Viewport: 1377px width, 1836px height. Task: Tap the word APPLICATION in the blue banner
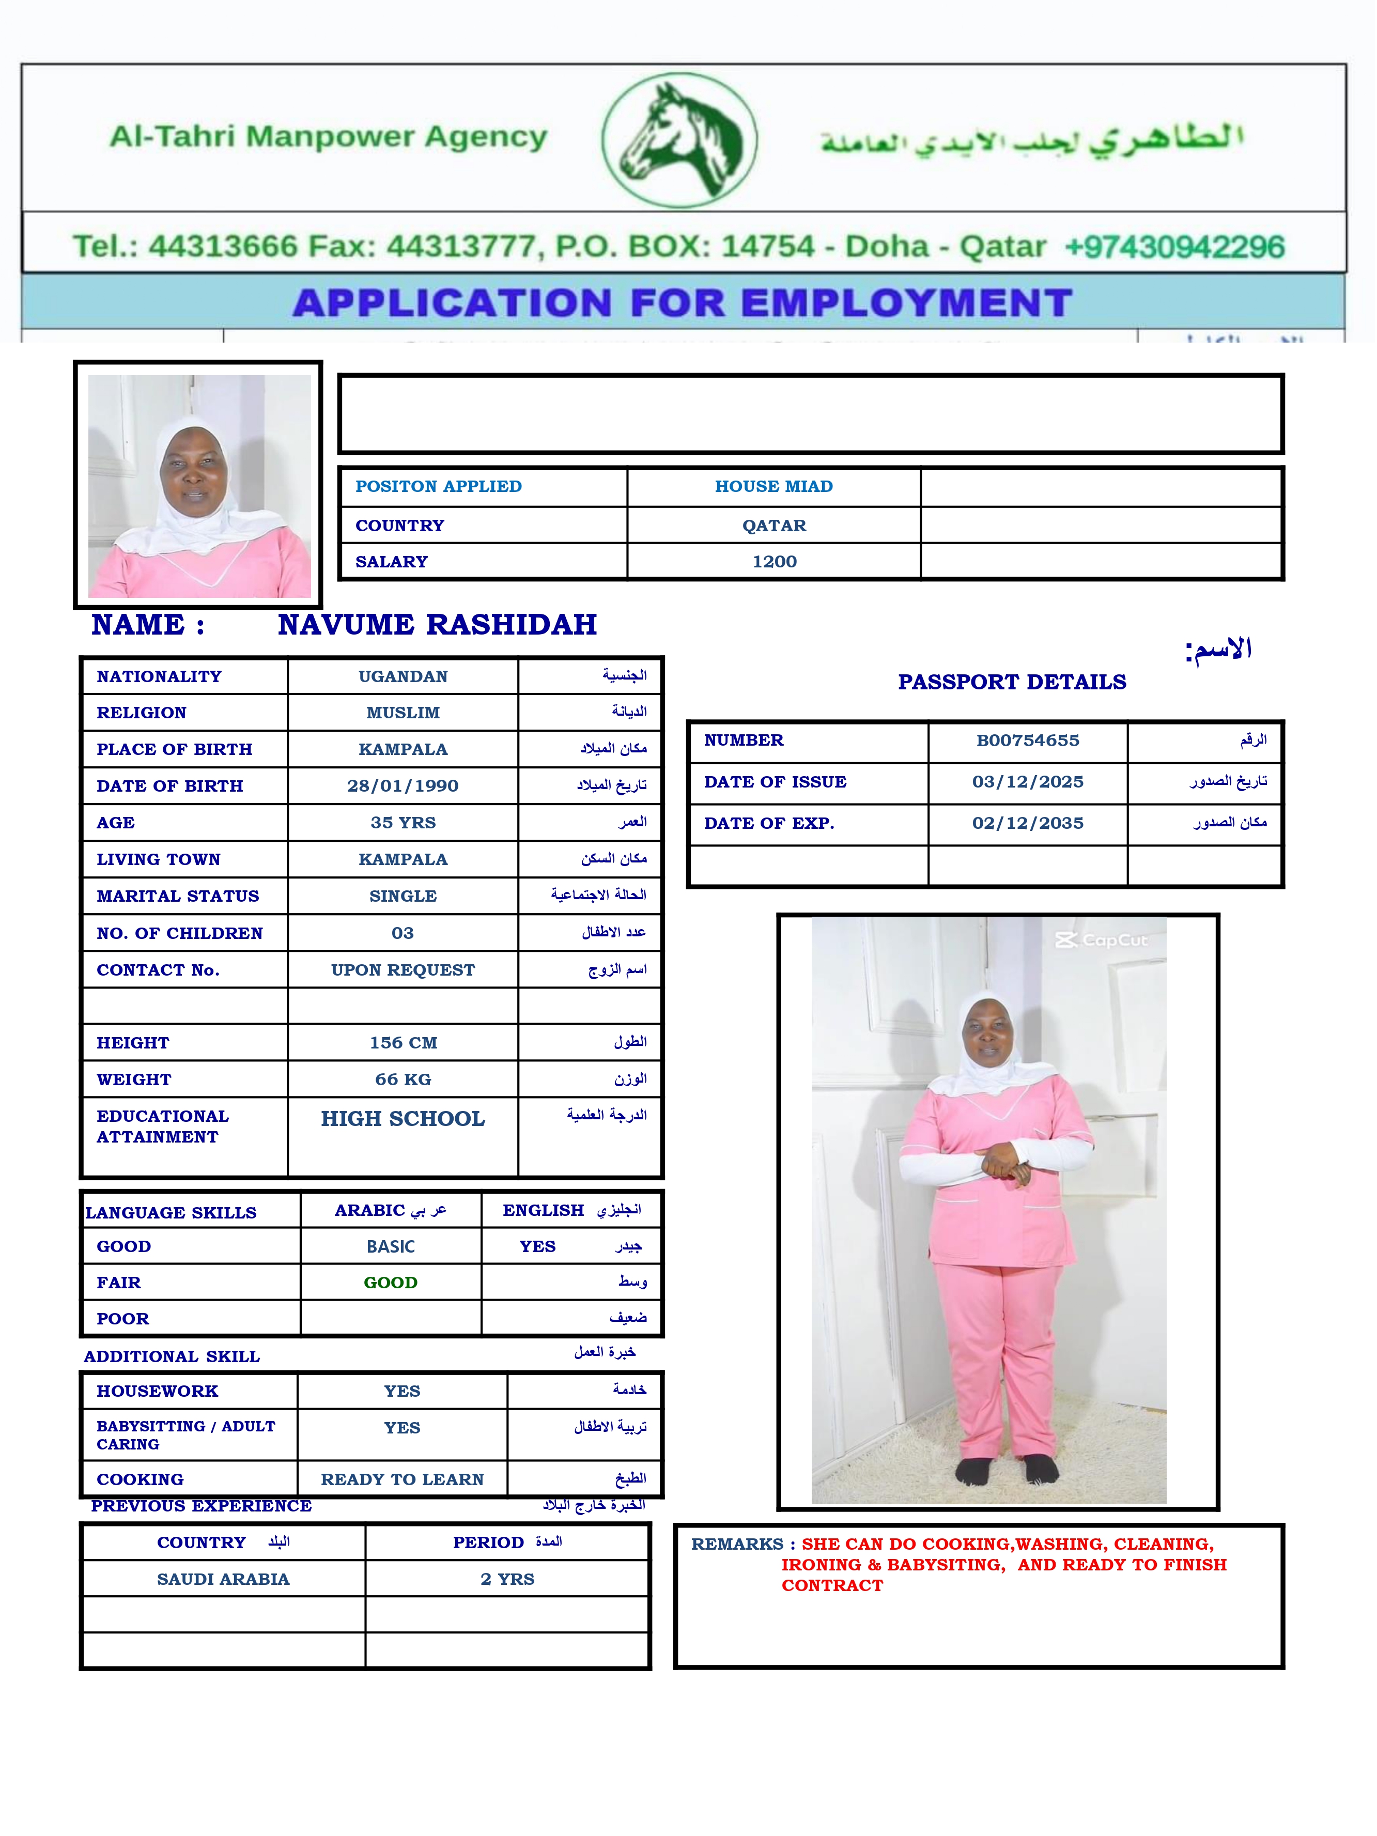[x=452, y=303]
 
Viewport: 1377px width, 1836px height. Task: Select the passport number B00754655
[x=1028, y=740]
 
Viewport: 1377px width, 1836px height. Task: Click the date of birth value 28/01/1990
[x=403, y=786]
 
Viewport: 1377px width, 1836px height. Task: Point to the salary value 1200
[x=775, y=562]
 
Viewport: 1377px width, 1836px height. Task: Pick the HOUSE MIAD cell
[x=773, y=486]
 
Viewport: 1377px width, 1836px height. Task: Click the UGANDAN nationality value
[x=403, y=676]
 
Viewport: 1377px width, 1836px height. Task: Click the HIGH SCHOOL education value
[x=403, y=1119]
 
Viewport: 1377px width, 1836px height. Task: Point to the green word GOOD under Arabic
[x=390, y=1283]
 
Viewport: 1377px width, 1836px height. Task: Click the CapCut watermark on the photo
[x=1102, y=940]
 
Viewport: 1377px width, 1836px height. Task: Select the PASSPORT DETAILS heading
[x=1012, y=682]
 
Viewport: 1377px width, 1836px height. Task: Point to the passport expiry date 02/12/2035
[x=1028, y=823]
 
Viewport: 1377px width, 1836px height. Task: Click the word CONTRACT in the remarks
[x=832, y=1585]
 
